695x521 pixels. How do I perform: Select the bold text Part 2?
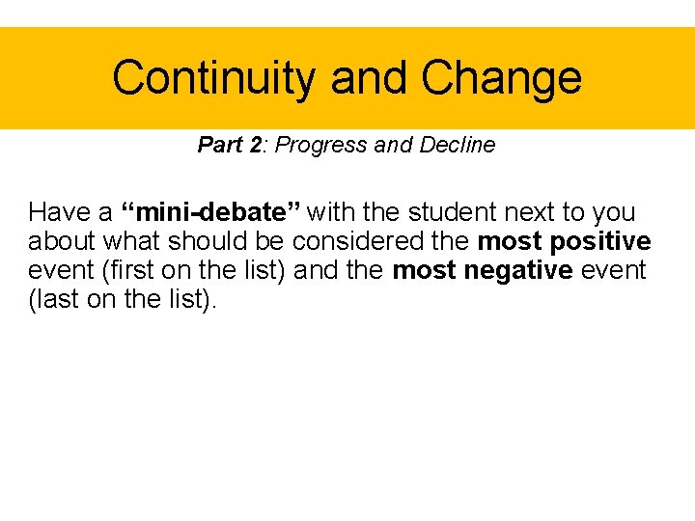click(x=230, y=146)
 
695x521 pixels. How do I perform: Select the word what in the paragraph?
click(x=136, y=241)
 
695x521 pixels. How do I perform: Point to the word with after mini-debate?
click(x=332, y=212)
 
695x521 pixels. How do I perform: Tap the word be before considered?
click(x=272, y=241)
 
